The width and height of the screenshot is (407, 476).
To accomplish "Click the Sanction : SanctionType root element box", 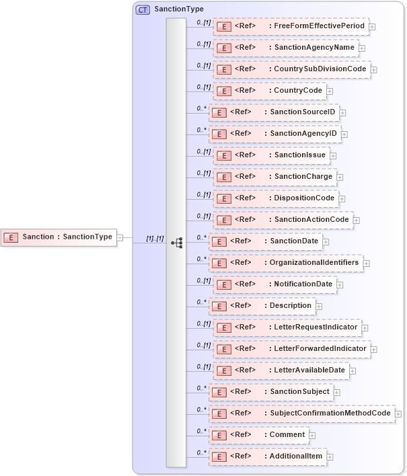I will (x=59, y=237).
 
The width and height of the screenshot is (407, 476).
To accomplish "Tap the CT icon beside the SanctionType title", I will (x=143, y=9).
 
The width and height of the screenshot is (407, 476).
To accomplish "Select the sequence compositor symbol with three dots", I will (x=177, y=242).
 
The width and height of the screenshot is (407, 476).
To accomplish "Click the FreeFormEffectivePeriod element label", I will (x=319, y=26).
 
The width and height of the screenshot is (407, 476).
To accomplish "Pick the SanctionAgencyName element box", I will (x=286, y=48).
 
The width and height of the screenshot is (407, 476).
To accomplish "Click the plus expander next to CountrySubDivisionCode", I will (x=374, y=69).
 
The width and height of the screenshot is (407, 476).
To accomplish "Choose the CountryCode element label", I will (x=299, y=90).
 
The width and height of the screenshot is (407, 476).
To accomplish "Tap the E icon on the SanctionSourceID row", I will (x=218, y=112).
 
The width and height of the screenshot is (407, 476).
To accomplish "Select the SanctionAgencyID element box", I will (x=274, y=134).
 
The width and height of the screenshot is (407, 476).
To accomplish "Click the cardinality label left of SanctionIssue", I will (x=203, y=152).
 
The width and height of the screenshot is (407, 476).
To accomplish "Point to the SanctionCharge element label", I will (x=303, y=176).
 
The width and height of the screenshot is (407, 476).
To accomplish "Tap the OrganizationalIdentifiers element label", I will (x=313, y=262).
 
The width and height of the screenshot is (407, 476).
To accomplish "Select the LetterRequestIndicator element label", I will (x=316, y=327).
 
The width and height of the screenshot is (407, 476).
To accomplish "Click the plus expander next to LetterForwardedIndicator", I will (x=374, y=349).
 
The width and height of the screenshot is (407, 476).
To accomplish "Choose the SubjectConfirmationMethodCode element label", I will (x=330, y=413).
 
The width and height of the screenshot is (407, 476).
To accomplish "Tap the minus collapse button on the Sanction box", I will (x=120, y=237).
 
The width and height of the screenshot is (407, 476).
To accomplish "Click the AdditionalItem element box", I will (x=268, y=457).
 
